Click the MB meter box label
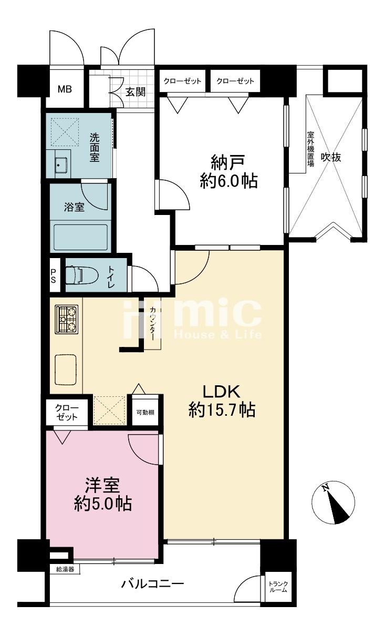click(x=65, y=89)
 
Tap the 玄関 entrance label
click(x=136, y=91)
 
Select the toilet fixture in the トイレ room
click(x=82, y=274)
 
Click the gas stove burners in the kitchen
click(x=66, y=319)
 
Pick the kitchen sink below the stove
click(x=66, y=370)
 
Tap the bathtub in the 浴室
click(x=80, y=238)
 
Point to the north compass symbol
click(x=333, y=503)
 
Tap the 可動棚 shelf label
click(x=145, y=412)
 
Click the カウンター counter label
click(x=153, y=324)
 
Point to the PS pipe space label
click(x=53, y=275)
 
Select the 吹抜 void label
click(x=331, y=157)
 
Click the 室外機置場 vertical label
click(x=310, y=149)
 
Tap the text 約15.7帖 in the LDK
click(x=222, y=409)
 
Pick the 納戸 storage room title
click(x=227, y=163)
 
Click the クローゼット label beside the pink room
click(x=66, y=412)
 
